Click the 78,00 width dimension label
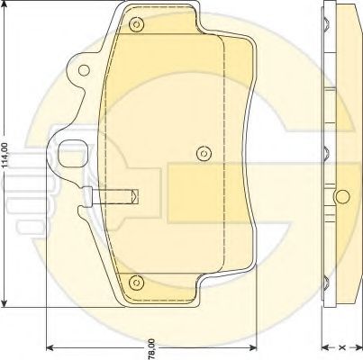tap(152, 349)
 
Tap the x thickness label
tap(342, 347)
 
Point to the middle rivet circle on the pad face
tap(204, 154)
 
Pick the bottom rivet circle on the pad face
tap(136, 283)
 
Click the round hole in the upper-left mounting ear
tap(84, 70)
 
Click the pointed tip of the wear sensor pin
tap(139, 196)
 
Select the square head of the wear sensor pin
tap(87, 197)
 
